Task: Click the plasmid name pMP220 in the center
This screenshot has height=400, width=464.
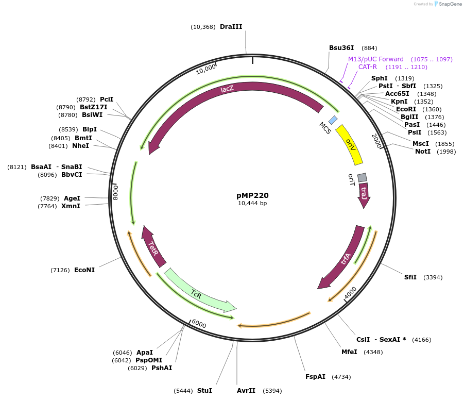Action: [x=252, y=195]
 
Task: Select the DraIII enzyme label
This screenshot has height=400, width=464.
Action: [x=231, y=26]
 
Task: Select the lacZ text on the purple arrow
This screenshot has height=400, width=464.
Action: [x=227, y=89]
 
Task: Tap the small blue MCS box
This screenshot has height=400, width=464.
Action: [x=333, y=120]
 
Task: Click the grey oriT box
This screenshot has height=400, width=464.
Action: [x=362, y=177]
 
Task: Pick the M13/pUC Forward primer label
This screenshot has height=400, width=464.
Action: [x=376, y=59]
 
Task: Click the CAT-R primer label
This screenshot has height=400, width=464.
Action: [x=368, y=67]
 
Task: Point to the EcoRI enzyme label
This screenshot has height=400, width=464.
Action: [x=407, y=109]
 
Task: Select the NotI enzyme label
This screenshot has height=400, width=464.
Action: [x=423, y=151]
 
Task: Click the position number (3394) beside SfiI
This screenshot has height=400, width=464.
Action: [x=433, y=277]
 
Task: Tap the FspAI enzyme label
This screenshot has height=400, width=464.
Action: [x=315, y=377]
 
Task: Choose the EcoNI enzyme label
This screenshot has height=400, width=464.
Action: [x=84, y=270]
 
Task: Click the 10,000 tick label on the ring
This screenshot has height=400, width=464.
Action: [x=205, y=69]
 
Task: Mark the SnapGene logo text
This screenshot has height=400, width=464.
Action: [x=450, y=4]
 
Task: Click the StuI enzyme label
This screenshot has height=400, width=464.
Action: [x=204, y=391]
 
